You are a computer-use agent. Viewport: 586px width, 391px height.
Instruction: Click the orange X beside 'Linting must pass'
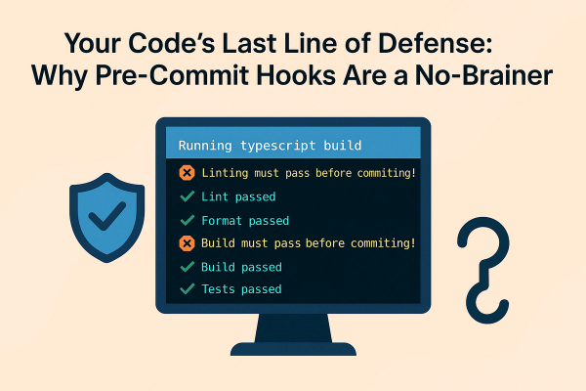(x=188, y=173)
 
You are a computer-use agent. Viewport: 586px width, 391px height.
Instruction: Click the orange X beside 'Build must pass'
(x=188, y=243)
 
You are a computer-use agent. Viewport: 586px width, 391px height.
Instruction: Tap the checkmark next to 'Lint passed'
(x=188, y=196)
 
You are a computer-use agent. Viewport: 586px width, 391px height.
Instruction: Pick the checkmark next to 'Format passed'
(x=188, y=220)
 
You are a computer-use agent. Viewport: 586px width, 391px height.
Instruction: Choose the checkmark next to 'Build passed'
(x=188, y=267)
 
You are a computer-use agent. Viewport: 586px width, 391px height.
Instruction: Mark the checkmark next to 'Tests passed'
(x=188, y=289)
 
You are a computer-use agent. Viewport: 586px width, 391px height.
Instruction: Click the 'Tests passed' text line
(x=241, y=289)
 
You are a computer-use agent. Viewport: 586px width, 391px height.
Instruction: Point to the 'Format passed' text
(x=245, y=220)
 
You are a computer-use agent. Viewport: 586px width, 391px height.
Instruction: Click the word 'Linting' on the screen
(x=230, y=173)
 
